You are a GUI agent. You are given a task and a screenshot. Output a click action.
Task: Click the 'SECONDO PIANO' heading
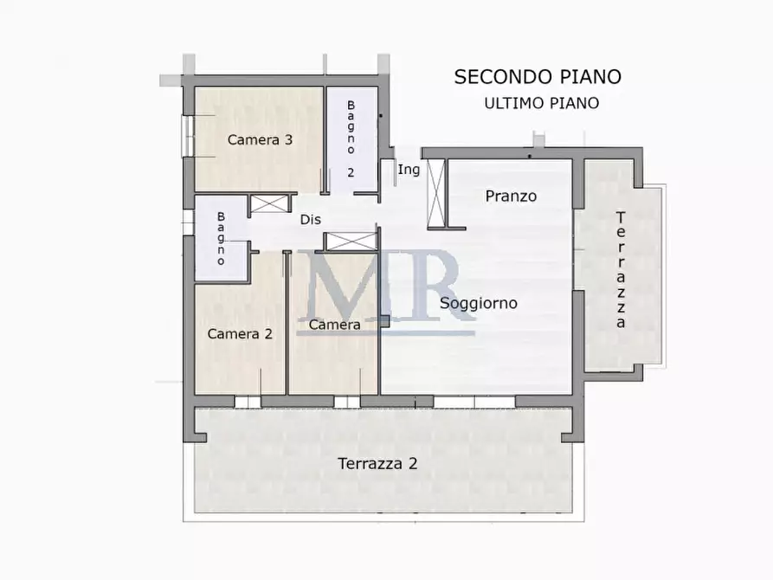(538, 76)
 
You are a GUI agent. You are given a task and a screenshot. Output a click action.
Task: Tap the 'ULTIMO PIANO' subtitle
(541, 103)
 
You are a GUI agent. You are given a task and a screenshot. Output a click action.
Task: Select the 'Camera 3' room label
(259, 139)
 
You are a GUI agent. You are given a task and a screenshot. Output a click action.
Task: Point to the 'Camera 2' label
(240, 333)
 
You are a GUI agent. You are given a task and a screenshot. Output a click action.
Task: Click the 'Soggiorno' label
(479, 303)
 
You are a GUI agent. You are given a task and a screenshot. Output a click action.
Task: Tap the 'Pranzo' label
(510, 196)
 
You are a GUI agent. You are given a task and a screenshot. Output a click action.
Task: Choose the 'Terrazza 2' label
(377, 463)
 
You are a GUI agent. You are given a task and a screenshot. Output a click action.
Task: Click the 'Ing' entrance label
(409, 170)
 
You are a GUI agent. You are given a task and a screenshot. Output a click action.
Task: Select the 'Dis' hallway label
(311, 219)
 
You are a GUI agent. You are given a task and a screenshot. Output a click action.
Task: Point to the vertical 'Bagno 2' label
(351, 139)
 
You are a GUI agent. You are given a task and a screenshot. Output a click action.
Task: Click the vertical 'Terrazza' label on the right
(621, 269)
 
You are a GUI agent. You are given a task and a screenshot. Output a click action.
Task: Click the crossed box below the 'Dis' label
(351, 242)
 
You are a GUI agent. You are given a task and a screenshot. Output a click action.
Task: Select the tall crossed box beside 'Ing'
(436, 193)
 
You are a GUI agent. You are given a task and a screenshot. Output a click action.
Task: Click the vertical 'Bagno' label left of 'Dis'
(222, 238)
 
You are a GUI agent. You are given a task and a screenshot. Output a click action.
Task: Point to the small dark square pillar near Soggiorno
(384, 321)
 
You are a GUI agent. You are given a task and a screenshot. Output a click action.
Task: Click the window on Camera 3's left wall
(184, 136)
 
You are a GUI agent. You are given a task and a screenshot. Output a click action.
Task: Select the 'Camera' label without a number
(334, 325)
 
